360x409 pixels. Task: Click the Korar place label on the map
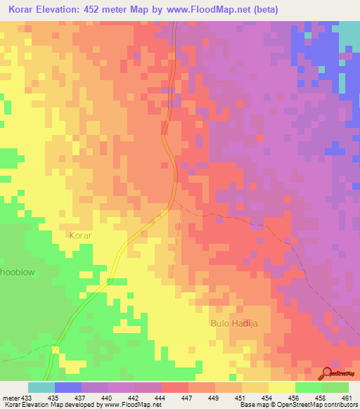[81, 236]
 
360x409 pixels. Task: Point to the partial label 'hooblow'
[18, 271]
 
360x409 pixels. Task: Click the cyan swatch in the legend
[41, 387]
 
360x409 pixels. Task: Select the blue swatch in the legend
[68, 387]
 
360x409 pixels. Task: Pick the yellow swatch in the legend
[282, 387]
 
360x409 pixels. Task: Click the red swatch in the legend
[175, 387]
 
